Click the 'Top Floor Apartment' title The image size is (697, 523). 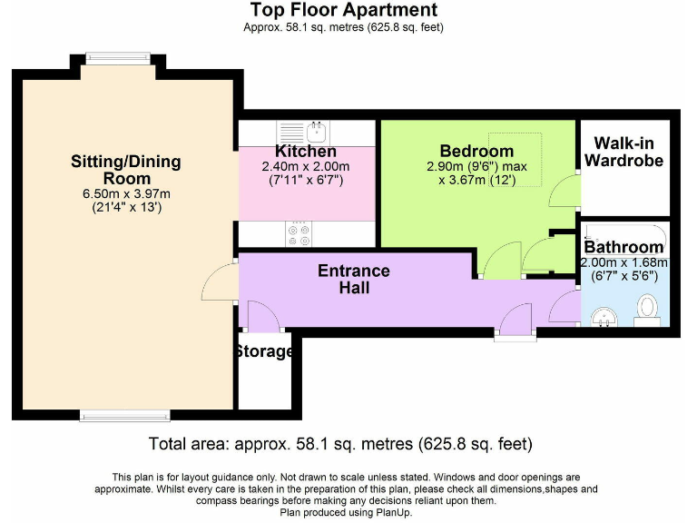tap(343, 11)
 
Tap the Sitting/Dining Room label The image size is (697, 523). tap(126, 170)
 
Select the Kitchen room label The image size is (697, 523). tap(306, 151)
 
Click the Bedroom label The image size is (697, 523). tap(476, 151)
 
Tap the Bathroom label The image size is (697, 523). tap(623, 247)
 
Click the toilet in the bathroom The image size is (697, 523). tap(647, 307)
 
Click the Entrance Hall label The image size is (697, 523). tap(354, 280)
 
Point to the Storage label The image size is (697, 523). tap(264, 351)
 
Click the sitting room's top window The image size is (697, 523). tap(118, 57)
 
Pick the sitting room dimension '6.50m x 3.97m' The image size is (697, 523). tap(126, 194)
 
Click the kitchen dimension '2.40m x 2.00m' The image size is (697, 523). tap(306, 167)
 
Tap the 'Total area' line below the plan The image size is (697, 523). tap(339, 444)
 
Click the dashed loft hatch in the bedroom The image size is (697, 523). tap(529, 154)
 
